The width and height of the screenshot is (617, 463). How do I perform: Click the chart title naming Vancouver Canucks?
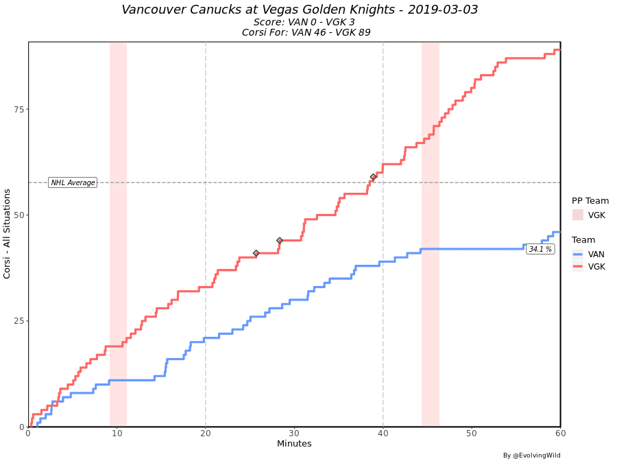coord(300,10)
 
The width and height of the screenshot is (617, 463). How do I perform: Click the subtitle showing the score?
coord(304,22)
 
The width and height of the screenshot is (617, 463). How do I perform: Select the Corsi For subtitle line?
coord(306,32)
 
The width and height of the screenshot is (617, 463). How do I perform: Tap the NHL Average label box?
coord(73,182)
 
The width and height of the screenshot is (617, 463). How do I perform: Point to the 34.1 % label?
coord(540,249)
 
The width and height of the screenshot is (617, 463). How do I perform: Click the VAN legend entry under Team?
coord(596,254)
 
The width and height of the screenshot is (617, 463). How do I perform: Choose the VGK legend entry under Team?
coord(596,266)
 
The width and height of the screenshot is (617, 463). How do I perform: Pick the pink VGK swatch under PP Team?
coord(578,215)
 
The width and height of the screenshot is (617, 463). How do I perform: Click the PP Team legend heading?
coord(590,201)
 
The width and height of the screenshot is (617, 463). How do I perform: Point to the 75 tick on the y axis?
coord(19,109)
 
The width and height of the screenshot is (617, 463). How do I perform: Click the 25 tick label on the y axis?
coord(19,321)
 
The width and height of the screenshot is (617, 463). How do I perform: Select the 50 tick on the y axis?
coord(19,215)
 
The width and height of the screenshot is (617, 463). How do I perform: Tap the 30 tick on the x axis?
coord(294,434)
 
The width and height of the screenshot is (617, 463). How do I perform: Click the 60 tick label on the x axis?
coord(560,434)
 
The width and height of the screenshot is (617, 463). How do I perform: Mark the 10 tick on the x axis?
coord(117,434)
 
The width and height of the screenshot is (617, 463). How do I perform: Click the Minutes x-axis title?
coord(294,444)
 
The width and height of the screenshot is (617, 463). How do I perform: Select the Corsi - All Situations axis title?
coord(8,233)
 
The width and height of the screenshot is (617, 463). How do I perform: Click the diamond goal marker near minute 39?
coord(374,177)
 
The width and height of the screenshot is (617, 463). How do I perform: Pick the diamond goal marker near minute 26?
coord(256,253)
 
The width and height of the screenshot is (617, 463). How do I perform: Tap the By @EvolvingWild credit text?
coord(531,455)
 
